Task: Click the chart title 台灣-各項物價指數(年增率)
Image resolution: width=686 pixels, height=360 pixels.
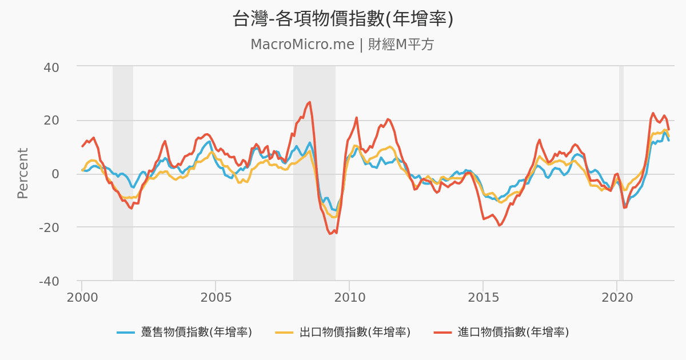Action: pos(342,18)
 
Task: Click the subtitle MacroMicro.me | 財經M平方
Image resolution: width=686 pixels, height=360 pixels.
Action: pos(342,45)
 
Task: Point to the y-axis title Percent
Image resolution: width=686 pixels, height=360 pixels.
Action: pos(23,173)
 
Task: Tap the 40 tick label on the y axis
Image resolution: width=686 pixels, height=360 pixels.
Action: pos(51,67)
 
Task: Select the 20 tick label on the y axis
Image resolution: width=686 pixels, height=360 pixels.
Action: pos(51,121)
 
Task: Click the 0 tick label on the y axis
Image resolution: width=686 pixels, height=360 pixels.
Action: pos(55,174)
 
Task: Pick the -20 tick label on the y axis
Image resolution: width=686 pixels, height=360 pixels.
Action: pos(49,227)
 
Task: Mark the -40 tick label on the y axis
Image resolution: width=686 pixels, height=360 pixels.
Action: pos(49,281)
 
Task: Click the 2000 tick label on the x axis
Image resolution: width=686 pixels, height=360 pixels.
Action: pos(82,298)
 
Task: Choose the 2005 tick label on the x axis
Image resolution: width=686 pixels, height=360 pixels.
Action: pos(216,298)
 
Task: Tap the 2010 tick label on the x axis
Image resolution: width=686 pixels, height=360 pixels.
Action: pos(349,298)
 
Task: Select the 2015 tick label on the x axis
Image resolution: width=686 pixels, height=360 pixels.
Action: pos(483,298)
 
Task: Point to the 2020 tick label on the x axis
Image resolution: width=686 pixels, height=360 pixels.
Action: pos(617,298)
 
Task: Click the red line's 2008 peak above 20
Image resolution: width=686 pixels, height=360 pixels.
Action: pos(309,102)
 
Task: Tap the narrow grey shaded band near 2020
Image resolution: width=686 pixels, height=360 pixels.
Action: pos(621,171)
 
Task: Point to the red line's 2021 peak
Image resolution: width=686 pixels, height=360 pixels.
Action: pos(653,113)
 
